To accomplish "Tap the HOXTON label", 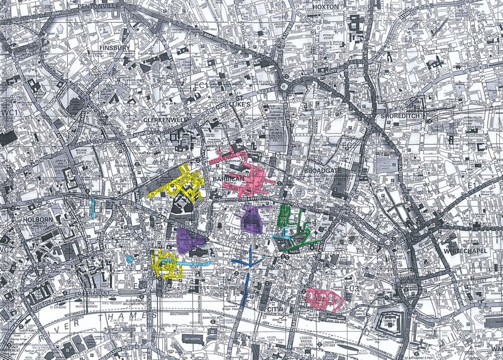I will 325,6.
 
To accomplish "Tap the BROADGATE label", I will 321,171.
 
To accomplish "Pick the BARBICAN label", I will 227,180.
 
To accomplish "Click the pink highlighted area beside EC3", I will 324,299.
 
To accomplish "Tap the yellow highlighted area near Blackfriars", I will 165,264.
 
